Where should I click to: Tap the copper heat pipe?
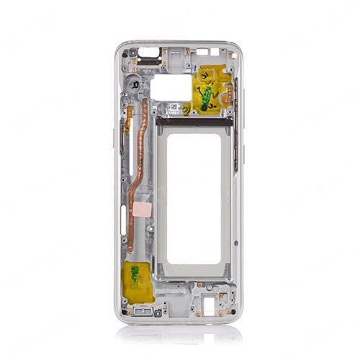coord(138,180)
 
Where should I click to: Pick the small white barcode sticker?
coord(174,108)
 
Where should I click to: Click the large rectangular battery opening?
coord(194,196)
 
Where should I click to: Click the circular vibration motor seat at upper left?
coord(135,84)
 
